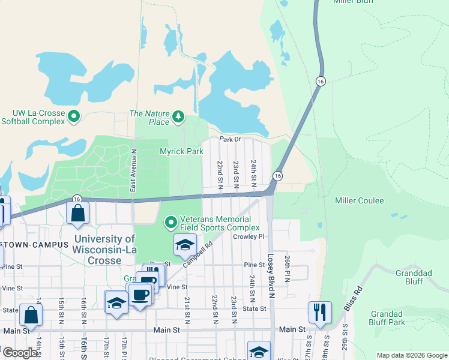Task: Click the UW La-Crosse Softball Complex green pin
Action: (x=74, y=116)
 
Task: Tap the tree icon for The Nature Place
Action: (x=178, y=116)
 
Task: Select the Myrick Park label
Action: (x=181, y=152)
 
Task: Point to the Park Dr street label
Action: (x=229, y=139)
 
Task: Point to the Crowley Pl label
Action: (x=249, y=236)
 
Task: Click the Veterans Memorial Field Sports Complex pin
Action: (x=171, y=223)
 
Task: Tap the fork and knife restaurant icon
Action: (x=319, y=311)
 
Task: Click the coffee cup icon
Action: (x=140, y=295)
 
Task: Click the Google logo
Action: (x=20, y=353)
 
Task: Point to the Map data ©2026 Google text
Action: (x=411, y=355)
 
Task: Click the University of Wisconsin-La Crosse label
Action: (x=105, y=250)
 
